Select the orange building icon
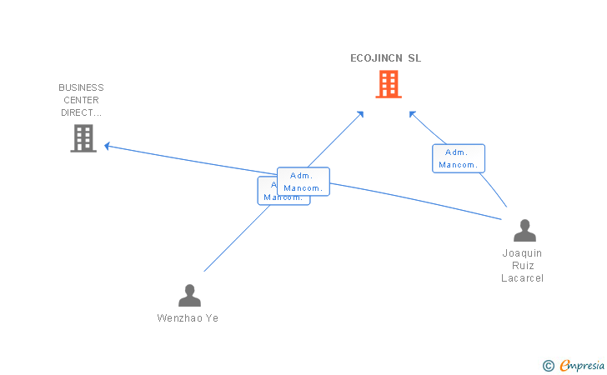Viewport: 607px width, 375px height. tap(388, 84)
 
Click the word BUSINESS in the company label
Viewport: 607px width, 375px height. tap(81, 87)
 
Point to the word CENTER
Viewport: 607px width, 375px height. tap(81, 100)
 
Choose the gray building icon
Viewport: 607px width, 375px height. tap(83, 138)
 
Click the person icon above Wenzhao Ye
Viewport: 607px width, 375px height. tap(189, 295)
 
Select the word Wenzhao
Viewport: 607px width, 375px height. tap(177, 317)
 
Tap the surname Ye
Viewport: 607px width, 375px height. tap(212, 317)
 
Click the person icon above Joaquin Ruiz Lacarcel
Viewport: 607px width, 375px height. tap(524, 230)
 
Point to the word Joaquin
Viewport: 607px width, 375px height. tap(522, 252)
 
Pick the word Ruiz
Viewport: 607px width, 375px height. tap(522, 265)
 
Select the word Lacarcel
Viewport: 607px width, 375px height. tap(522, 277)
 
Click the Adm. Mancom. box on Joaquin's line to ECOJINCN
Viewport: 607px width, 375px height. tap(458, 158)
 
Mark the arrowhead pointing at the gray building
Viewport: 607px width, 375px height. tap(108, 147)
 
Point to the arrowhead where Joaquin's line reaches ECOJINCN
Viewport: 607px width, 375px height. tap(411, 113)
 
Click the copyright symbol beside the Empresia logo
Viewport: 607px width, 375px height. tap(548, 365)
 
